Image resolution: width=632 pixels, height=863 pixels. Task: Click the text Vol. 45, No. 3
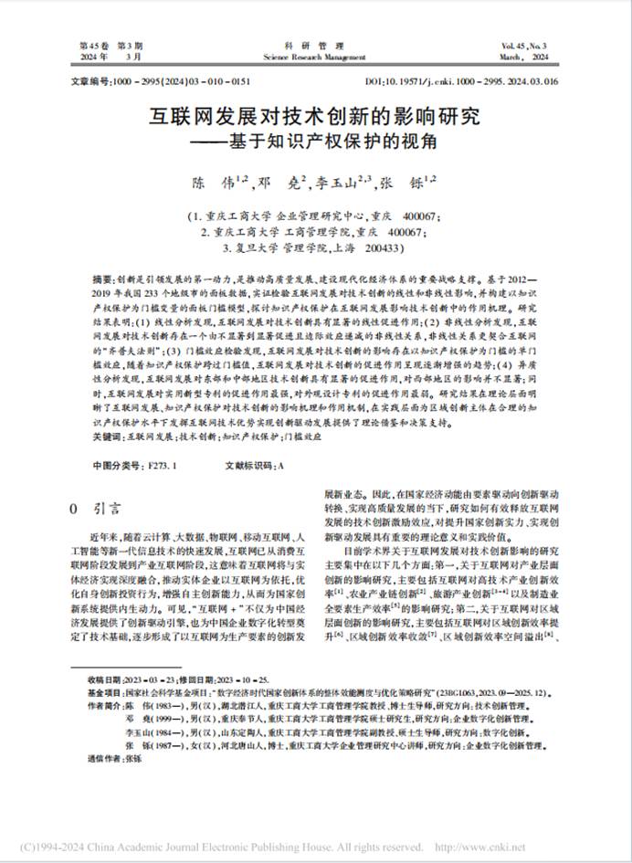pos(523,45)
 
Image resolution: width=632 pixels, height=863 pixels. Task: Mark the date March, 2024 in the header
pos(523,56)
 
